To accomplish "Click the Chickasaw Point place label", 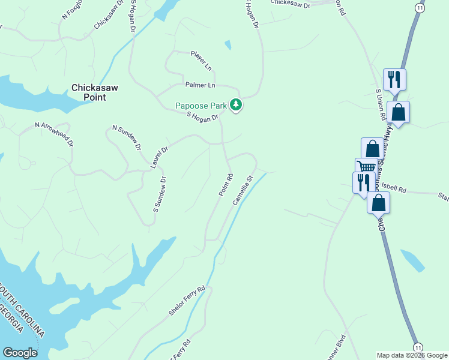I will click(95, 92).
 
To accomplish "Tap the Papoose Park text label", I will click(201, 106).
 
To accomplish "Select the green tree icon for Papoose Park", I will click(237, 106).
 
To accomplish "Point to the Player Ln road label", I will click(202, 58).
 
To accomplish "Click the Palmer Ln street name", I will click(200, 85).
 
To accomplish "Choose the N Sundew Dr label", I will click(127, 137).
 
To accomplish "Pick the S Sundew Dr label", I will click(159, 194).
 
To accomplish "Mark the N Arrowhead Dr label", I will click(54, 134).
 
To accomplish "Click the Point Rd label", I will click(225, 185).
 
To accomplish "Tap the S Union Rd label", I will click(379, 106).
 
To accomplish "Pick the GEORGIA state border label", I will click(12, 319).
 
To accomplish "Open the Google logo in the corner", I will click(20, 353).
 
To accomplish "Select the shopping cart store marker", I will click(366, 167).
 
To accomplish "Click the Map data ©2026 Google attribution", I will click(412, 355).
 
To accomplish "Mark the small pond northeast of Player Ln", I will click(228, 44).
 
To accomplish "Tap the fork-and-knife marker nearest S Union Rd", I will click(394, 78).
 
